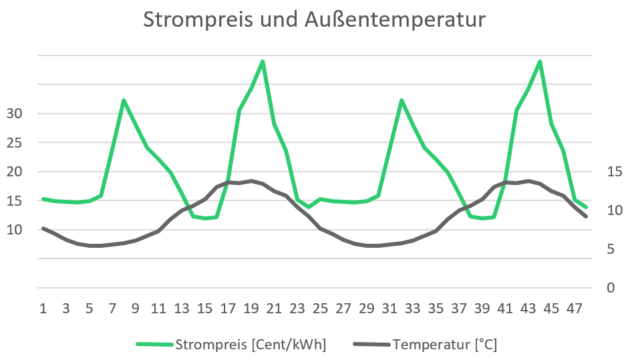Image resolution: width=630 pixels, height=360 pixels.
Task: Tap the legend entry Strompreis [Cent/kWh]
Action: pyautogui.click(x=250, y=345)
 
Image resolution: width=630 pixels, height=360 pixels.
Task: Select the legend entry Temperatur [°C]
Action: pyautogui.click(x=446, y=345)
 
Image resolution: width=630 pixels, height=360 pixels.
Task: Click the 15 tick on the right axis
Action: pyautogui.click(x=614, y=172)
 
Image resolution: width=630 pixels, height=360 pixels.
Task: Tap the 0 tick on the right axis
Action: pyautogui.click(x=610, y=288)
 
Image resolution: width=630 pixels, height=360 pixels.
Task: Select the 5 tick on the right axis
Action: pyautogui.click(x=610, y=249)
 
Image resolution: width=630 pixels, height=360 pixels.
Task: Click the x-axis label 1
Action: pyautogui.click(x=43, y=309)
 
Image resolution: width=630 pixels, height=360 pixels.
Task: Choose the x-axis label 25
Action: pyautogui.click(x=321, y=309)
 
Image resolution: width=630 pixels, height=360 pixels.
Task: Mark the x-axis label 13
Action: pyautogui.click(x=182, y=309)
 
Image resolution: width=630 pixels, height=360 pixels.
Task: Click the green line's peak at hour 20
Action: pyautogui.click(x=263, y=61)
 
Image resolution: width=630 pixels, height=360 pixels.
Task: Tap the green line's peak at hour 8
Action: pyautogui.click(x=124, y=100)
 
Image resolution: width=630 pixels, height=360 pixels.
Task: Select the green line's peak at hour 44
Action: pyautogui.click(x=540, y=61)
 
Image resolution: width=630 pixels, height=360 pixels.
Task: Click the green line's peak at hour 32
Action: pyautogui.click(x=401, y=100)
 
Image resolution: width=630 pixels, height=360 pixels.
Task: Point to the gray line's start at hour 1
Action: pyautogui.click(x=43, y=228)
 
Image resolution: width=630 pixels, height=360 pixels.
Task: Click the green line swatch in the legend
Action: pyautogui.click(x=154, y=345)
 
